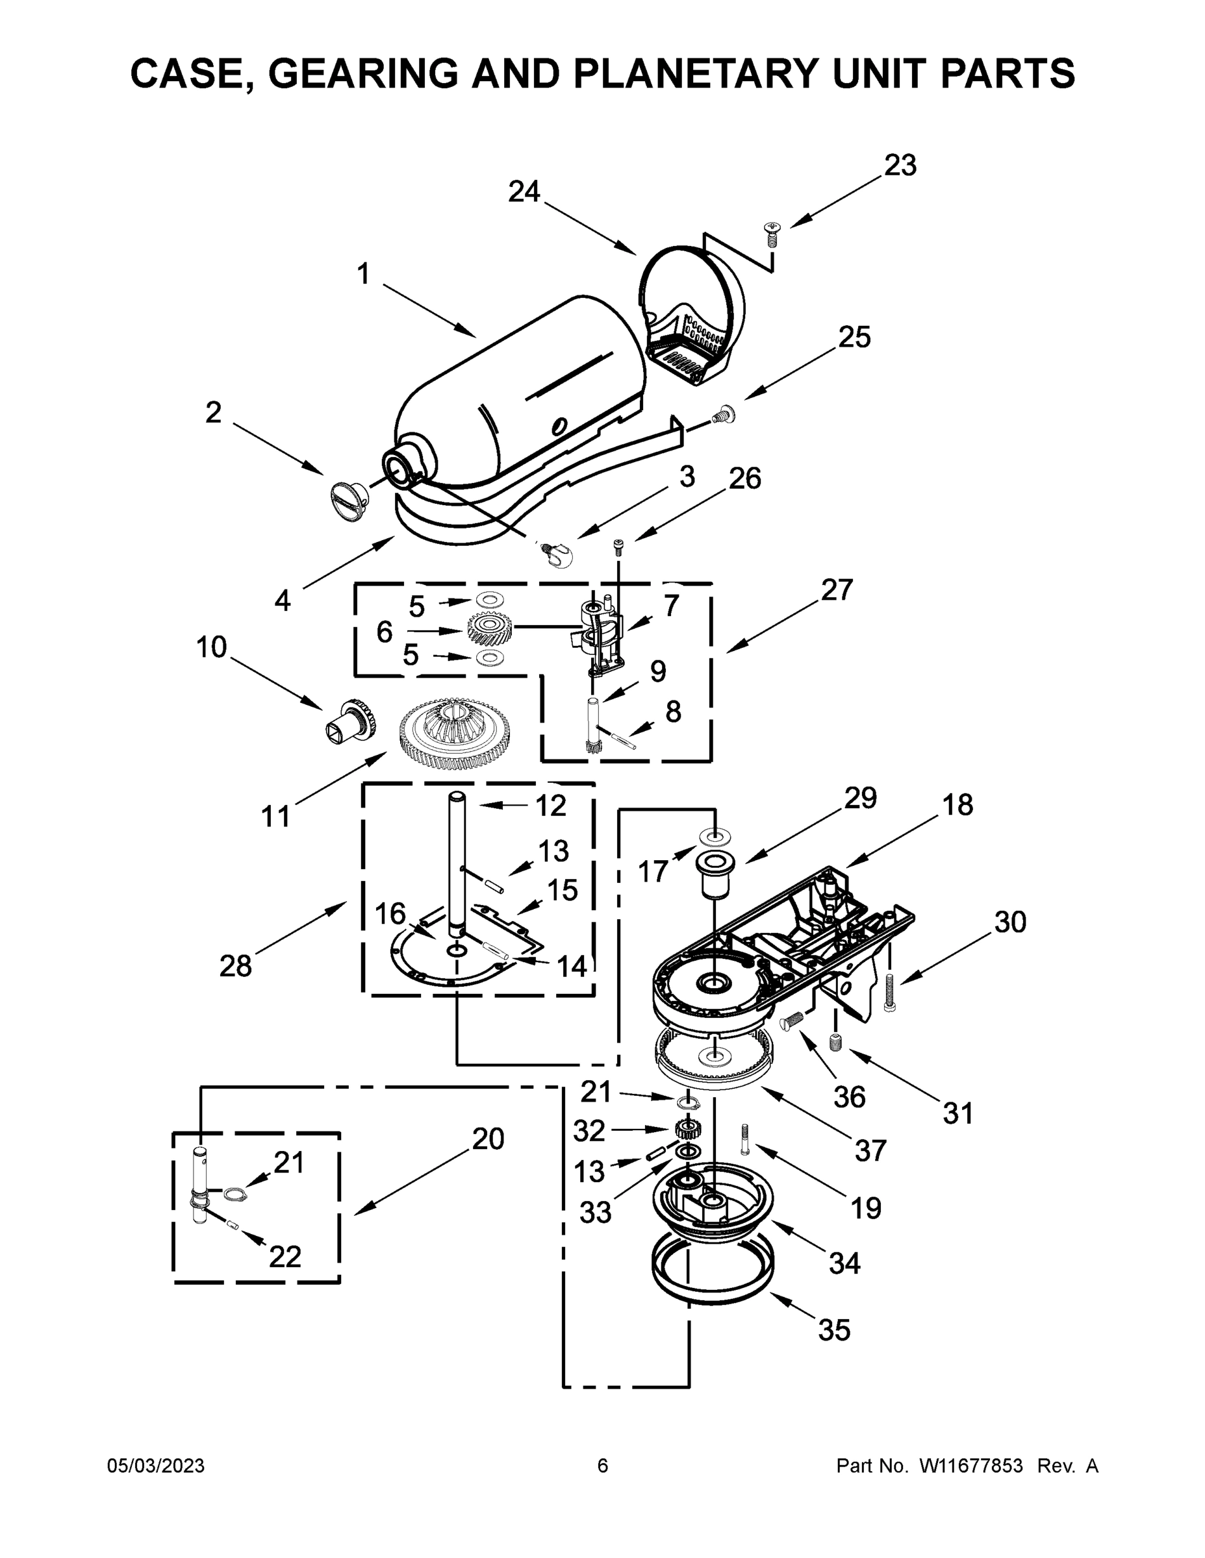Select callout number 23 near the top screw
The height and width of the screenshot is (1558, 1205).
[900, 166]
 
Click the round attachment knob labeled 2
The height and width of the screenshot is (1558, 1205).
[348, 493]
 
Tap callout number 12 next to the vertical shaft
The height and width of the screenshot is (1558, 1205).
[550, 806]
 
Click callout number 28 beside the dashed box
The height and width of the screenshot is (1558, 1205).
[236, 966]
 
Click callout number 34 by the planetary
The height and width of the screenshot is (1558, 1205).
[844, 1263]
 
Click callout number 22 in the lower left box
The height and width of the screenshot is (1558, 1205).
[284, 1256]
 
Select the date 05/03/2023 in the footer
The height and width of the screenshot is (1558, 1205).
[156, 1465]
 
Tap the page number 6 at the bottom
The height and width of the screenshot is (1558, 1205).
[603, 1465]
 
